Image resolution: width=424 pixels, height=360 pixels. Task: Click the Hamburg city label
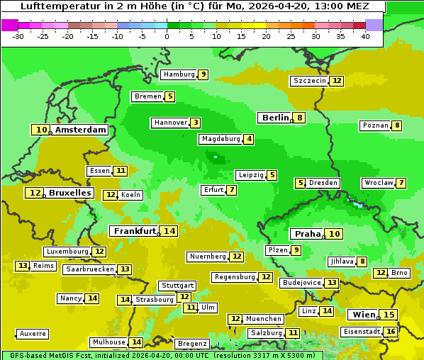coord(179,74)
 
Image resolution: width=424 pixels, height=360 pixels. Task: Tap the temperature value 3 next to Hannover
coord(195,123)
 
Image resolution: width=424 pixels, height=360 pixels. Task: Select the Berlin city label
coord(276,118)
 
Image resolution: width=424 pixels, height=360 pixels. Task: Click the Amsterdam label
coord(80,130)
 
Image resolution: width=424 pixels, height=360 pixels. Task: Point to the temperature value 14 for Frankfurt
coord(169,231)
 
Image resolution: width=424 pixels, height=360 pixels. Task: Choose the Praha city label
coord(308,234)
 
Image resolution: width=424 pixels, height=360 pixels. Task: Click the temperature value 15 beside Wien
coord(389,315)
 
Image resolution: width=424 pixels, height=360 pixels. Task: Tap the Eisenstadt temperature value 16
coord(391,331)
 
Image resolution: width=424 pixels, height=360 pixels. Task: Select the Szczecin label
coord(310,81)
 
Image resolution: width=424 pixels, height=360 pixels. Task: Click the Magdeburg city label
coord(220,139)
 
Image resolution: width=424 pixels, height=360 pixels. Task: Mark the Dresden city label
coord(323,183)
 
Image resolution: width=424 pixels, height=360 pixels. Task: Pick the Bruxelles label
coord(69,193)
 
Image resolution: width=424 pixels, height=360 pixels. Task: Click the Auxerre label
coord(33,333)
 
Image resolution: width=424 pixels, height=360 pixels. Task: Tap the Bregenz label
coord(191,344)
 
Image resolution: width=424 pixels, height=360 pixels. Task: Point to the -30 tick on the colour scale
coord(18,36)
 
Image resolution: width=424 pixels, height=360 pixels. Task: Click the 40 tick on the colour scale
coord(365,36)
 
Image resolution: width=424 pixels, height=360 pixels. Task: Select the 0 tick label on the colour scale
coord(167,36)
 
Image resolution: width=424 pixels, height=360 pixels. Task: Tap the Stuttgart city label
coord(177,286)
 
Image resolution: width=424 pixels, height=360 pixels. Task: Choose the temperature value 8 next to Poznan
coord(397,125)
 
